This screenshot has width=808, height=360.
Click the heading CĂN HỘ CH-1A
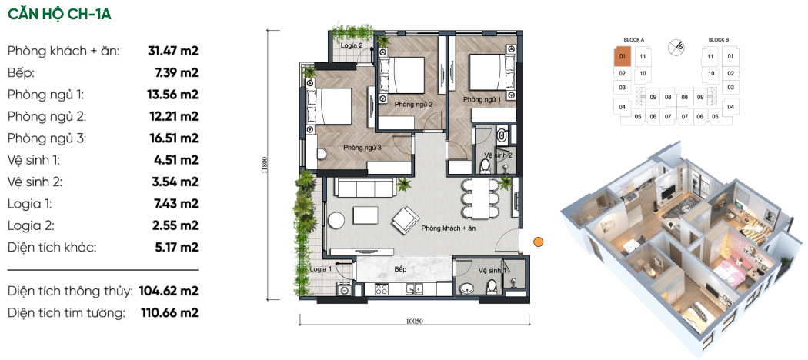pyautogui.click(x=59, y=15)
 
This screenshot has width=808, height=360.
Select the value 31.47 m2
pyautogui.click(x=173, y=51)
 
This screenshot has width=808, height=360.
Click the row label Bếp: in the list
pyautogui.click(x=21, y=73)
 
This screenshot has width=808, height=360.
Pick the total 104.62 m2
pyautogui.click(x=169, y=292)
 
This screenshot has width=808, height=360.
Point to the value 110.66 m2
pyautogui.click(x=169, y=312)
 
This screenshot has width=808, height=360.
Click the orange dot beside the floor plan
pyautogui.click(x=538, y=241)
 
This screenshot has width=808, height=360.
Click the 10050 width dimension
pyautogui.click(x=414, y=321)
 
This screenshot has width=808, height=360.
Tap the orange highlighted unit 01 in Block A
pyautogui.click(x=622, y=56)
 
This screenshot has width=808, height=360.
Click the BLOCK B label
pyautogui.click(x=718, y=40)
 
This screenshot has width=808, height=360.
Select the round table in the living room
pyautogui.click(x=337, y=221)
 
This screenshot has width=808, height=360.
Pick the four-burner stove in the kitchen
pyautogui.click(x=382, y=289)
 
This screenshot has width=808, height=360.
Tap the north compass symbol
pyautogui.click(x=676, y=48)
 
